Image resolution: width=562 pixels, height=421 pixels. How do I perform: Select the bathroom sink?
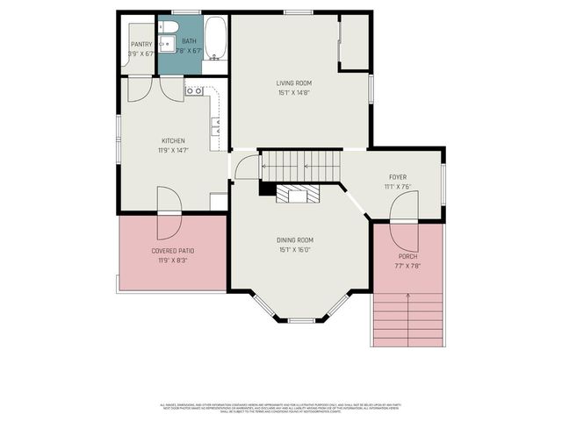click(165, 43)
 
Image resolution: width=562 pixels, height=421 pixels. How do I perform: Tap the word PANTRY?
click(140, 44)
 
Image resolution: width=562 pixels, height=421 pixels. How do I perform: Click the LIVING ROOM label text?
click(295, 83)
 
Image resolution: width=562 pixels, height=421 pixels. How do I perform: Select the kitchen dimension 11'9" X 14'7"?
click(172, 150)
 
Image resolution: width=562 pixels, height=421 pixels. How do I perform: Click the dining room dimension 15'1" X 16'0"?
click(295, 249)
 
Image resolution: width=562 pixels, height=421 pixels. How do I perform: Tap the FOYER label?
click(398, 176)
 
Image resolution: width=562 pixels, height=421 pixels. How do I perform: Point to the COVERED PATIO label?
click(172, 251)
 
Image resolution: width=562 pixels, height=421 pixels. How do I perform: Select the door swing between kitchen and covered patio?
click(169, 214)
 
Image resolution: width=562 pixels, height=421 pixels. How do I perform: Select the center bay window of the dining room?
click(301, 320)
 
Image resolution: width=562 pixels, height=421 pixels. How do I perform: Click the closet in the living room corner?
click(354, 42)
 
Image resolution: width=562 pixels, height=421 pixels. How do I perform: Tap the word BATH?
click(189, 41)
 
